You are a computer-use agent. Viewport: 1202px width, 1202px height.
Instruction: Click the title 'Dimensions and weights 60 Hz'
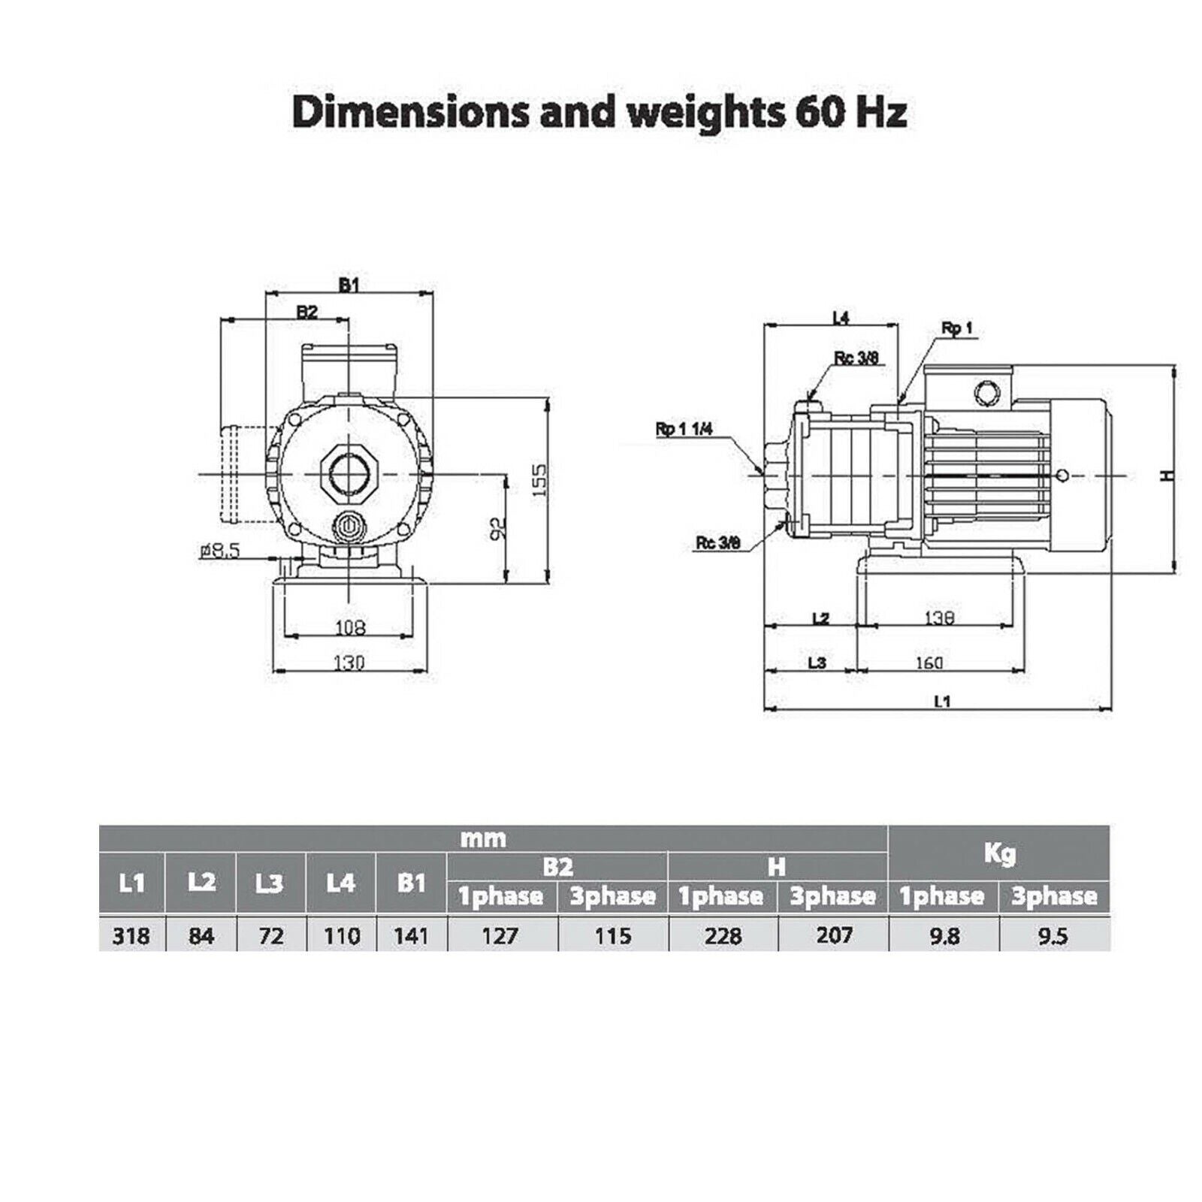point(599,112)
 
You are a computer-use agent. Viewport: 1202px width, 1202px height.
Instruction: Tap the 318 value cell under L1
point(131,935)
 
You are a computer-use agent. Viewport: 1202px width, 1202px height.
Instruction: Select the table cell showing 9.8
point(943,935)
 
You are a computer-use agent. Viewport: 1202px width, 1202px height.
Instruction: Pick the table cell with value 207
point(833,935)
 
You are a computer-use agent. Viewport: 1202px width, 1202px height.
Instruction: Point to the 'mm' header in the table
point(483,838)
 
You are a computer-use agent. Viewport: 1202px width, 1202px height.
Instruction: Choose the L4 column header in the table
point(340,882)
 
